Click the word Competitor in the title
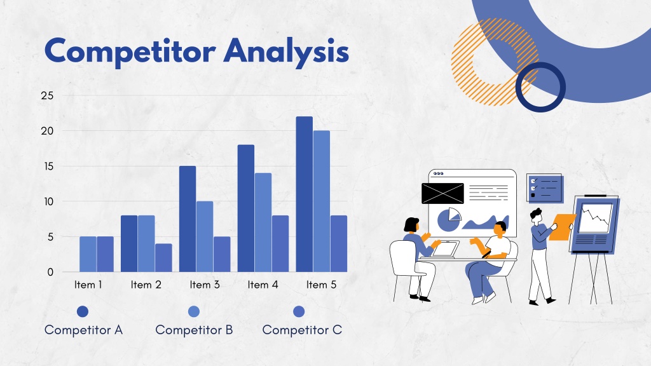(x=130, y=51)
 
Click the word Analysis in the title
(x=286, y=52)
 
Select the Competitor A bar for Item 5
(x=305, y=194)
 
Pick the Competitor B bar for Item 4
(x=263, y=222)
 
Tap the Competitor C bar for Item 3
(x=222, y=254)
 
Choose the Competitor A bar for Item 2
(x=129, y=243)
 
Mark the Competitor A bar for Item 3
(x=188, y=219)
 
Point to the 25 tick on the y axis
(x=47, y=95)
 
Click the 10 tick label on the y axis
(x=48, y=201)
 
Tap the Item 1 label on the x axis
(x=88, y=285)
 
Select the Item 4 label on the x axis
(x=263, y=285)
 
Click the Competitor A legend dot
(x=83, y=311)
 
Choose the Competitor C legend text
(x=302, y=330)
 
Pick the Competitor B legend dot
(x=194, y=311)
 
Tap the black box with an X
(x=442, y=193)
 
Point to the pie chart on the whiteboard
(x=449, y=220)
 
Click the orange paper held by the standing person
(x=562, y=227)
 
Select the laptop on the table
(x=444, y=249)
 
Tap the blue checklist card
(x=545, y=188)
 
